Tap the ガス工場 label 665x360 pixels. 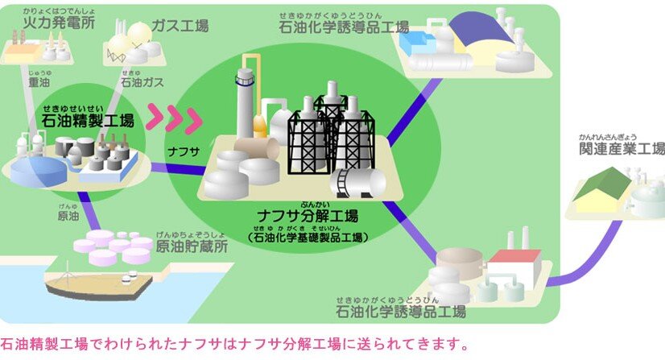click(180, 26)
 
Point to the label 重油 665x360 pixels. click(38, 81)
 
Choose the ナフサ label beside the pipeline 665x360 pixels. click(184, 150)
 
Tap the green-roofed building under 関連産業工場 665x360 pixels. click(604, 190)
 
